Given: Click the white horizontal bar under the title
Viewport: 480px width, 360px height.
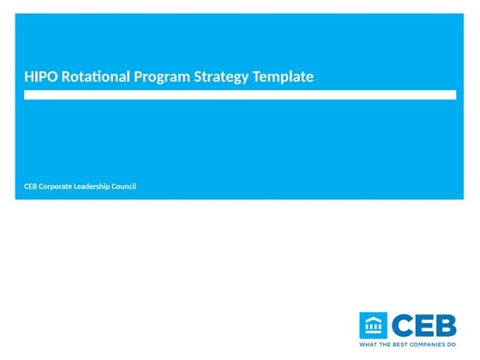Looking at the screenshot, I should pyautogui.click(x=239, y=95).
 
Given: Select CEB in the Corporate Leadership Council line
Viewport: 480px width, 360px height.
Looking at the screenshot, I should pyautogui.click(x=32, y=187).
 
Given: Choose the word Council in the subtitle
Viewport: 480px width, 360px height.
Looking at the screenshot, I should pyautogui.click(x=125, y=187).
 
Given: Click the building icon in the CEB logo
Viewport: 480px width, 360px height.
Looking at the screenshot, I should pyautogui.click(x=374, y=325).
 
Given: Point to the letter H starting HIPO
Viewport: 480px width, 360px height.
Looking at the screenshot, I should pyautogui.click(x=28, y=77).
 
